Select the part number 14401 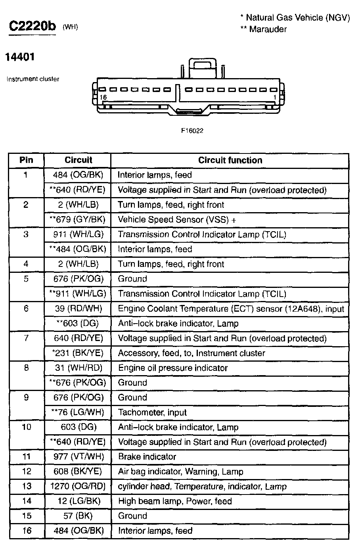point(20,57)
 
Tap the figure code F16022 point(192,130)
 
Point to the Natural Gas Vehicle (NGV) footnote point(295,17)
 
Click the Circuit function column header point(230,160)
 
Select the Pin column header point(26,160)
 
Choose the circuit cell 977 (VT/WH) point(78,457)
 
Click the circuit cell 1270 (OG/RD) point(78,487)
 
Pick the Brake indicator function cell point(147,457)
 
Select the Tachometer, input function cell point(152,412)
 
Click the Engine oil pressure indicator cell point(173,368)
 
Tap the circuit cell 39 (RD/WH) point(78,309)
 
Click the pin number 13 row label point(26,487)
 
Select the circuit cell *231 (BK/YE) point(78,353)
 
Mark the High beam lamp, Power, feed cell point(175,501)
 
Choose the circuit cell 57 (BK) point(78,516)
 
